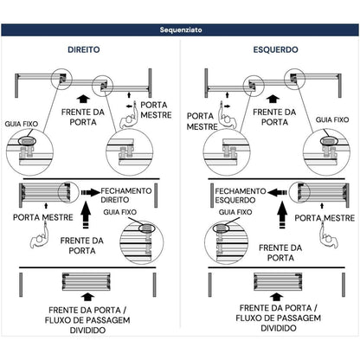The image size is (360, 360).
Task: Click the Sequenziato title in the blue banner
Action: pos(181,30)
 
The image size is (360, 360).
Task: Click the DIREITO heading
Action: pos(84,49)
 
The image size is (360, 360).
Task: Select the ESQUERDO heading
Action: pos(275,49)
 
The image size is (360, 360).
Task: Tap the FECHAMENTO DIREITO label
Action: pos(126,196)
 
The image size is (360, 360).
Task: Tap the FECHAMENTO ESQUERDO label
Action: pos(241,196)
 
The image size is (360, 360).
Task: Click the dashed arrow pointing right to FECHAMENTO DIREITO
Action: pos(91,192)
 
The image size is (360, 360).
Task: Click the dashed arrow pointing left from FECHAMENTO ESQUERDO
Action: pos(277,192)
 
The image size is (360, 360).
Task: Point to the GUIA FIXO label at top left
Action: pos(22,124)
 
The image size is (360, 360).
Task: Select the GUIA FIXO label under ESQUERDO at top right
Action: pos(332,119)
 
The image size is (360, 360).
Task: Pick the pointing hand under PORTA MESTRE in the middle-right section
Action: pos(328,235)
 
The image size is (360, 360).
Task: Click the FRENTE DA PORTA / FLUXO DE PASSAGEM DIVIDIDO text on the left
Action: pos(87,320)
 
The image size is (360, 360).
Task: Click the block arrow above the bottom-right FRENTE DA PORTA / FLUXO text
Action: pos(276,298)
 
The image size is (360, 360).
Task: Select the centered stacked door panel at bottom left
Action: pos(87,281)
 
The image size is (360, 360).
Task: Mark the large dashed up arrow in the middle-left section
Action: pos(86,215)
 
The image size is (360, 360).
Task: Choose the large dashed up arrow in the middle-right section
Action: pos(282,215)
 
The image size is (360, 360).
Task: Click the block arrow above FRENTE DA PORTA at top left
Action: pos(84,99)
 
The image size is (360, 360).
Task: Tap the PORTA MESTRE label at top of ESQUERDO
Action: pos(202,121)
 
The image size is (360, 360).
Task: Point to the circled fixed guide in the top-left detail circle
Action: pos(27,141)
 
